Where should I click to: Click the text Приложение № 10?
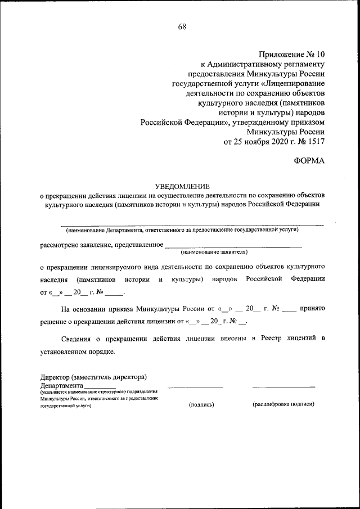(291, 55)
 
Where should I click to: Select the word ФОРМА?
(309, 161)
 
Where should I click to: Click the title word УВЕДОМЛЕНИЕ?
(182, 186)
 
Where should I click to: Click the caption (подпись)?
(201, 404)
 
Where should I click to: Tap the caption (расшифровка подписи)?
(283, 404)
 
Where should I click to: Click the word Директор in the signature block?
(55, 377)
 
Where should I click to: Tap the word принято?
(312, 308)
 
